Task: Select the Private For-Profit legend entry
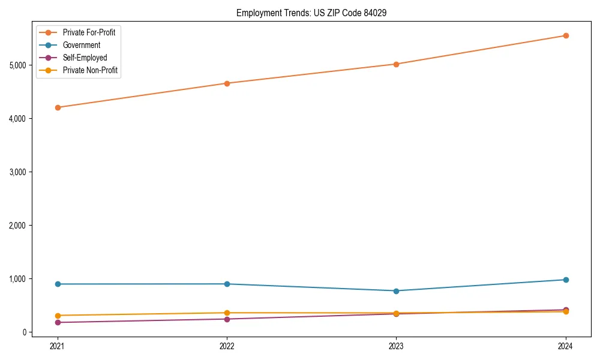(x=89, y=32)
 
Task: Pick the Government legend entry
(x=82, y=45)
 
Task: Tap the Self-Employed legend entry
(x=85, y=58)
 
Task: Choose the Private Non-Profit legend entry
(x=90, y=70)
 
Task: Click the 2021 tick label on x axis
(x=58, y=346)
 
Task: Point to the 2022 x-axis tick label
(x=227, y=346)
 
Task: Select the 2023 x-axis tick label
(x=396, y=346)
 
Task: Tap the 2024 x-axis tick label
(x=566, y=346)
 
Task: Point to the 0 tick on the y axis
(x=25, y=332)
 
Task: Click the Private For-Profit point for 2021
(x=58, y=107)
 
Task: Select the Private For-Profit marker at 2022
(x=227, y=83)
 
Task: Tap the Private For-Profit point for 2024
(x=566, y=35)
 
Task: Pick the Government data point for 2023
(x=396, y=291)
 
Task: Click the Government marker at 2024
(x=566, y=280)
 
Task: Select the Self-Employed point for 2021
(x=58, y=322)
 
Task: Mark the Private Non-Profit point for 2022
(x=227, y=313)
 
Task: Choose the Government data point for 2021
(x=58, y=284)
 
